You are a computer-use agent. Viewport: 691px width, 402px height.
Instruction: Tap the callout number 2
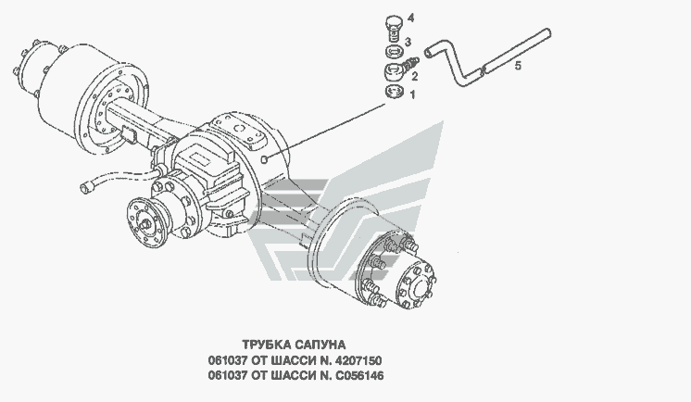tap(414, 76)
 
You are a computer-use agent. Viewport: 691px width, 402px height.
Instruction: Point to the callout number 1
tap(414, 94)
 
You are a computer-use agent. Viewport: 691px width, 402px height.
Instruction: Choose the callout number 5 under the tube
tap(518, 66)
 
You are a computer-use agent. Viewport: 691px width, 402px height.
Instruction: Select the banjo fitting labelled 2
tap(393, 70)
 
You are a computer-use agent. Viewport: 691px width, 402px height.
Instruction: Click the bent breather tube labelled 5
tap(482, 60)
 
